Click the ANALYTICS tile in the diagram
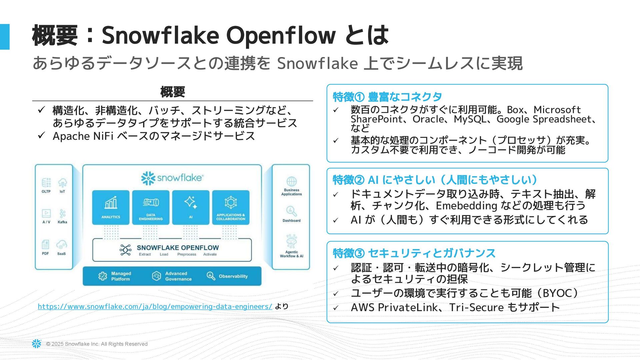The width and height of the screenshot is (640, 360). point(111,207)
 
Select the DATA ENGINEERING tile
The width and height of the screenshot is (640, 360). point(151,207)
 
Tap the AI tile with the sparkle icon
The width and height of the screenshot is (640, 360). point(191,207)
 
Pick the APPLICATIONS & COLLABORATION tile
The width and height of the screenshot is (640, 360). point(231,207)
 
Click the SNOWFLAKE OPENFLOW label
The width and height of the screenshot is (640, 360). point(178,248)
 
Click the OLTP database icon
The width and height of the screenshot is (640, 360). point(46,183)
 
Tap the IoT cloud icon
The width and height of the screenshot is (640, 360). point(62,183)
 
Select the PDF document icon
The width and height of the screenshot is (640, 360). point(46,245)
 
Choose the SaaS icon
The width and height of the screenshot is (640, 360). point(62,245)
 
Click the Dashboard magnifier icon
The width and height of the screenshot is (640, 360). point(291,211)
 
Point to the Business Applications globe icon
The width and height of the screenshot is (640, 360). point(292,182)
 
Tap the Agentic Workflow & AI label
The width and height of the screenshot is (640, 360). point(292,254)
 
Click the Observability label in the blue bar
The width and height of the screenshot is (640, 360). point(233,276)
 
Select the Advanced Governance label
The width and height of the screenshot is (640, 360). point(178,276)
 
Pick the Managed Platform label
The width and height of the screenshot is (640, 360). point(121,276)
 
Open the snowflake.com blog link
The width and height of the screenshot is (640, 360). point(155,306)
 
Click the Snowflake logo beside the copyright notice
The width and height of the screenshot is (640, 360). point(37,344)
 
